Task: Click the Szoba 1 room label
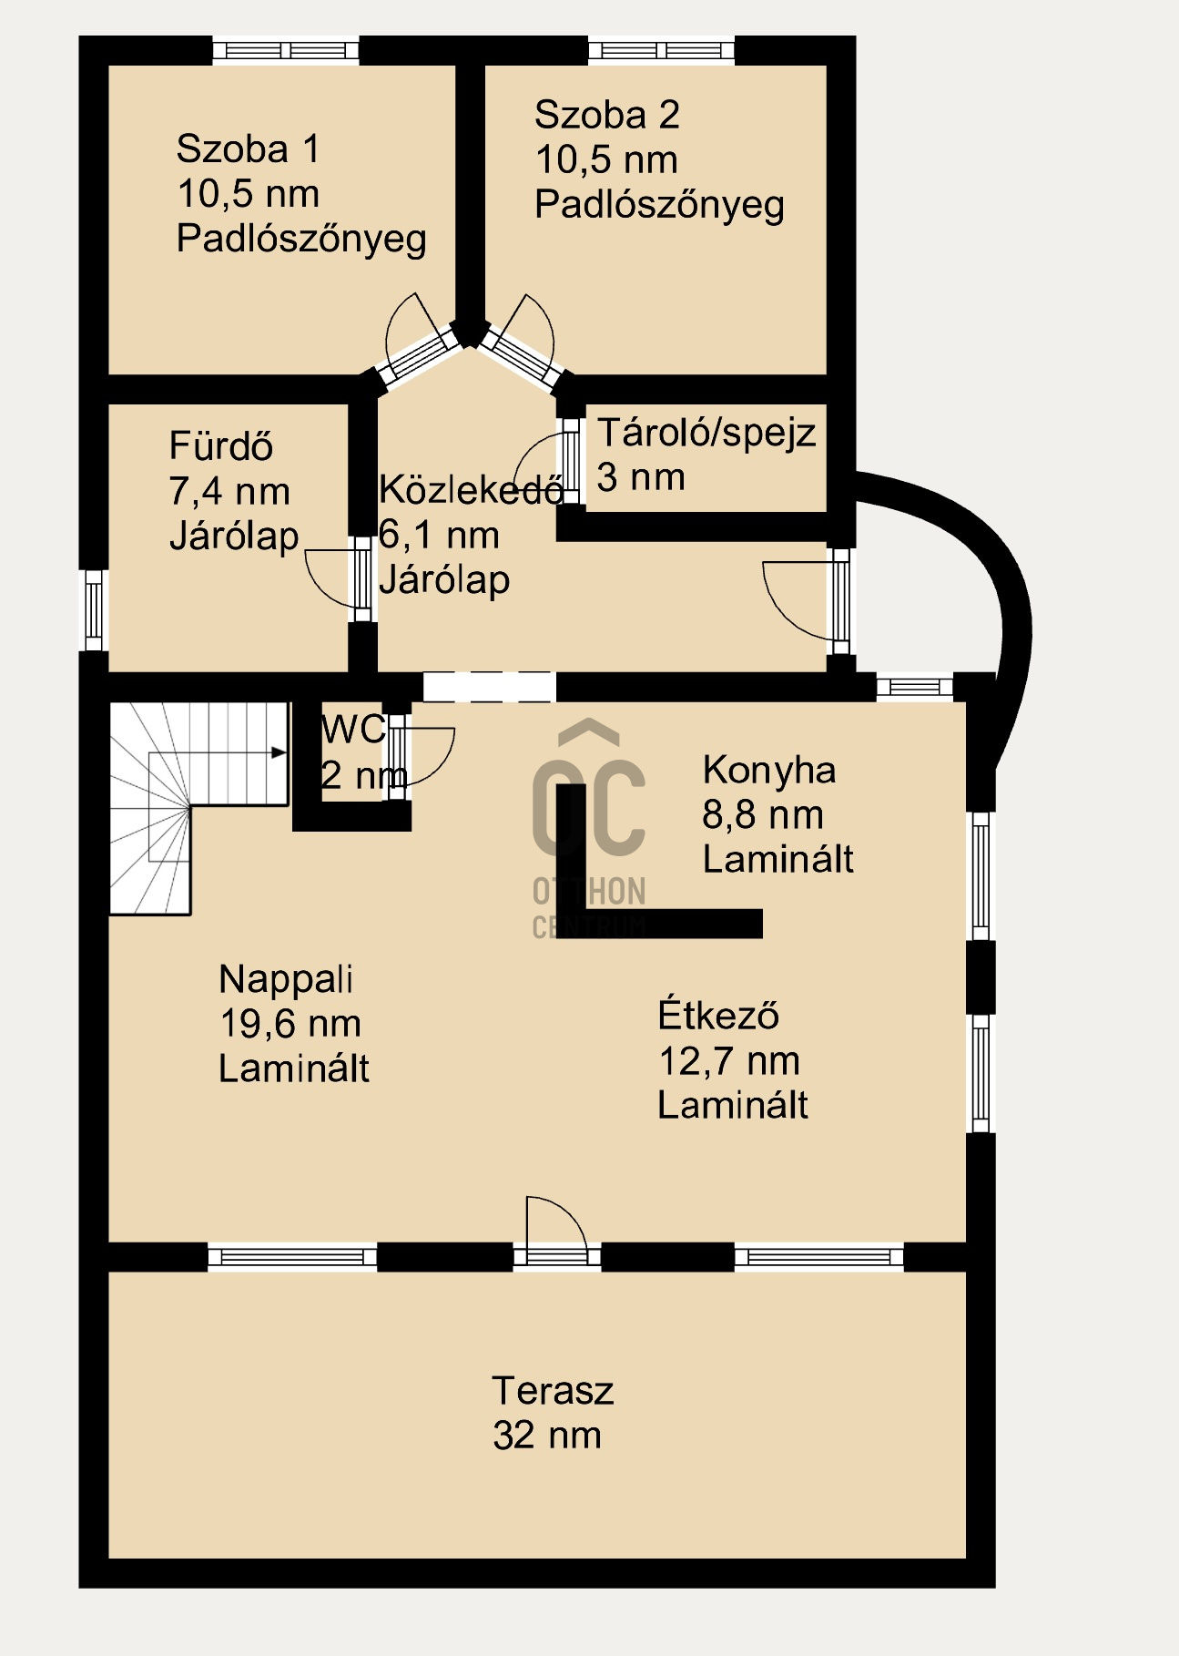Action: (249, 148)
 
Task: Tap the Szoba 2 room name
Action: (607, 115)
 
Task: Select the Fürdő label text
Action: (221, 446)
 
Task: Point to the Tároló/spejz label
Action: (706, 433)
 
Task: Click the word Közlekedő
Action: (471, 490)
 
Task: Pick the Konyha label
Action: (769, 771)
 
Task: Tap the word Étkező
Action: (718, 1015)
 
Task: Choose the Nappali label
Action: (286, 979)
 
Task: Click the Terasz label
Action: (553, 1391)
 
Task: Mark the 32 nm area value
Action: (547, 1436)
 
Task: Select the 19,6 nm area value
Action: (290, 1024)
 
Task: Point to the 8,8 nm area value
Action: (763, 815)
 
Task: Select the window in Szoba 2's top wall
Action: (661, 50)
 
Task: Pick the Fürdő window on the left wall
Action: (94, 609)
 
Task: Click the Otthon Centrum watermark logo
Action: (589, 829)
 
